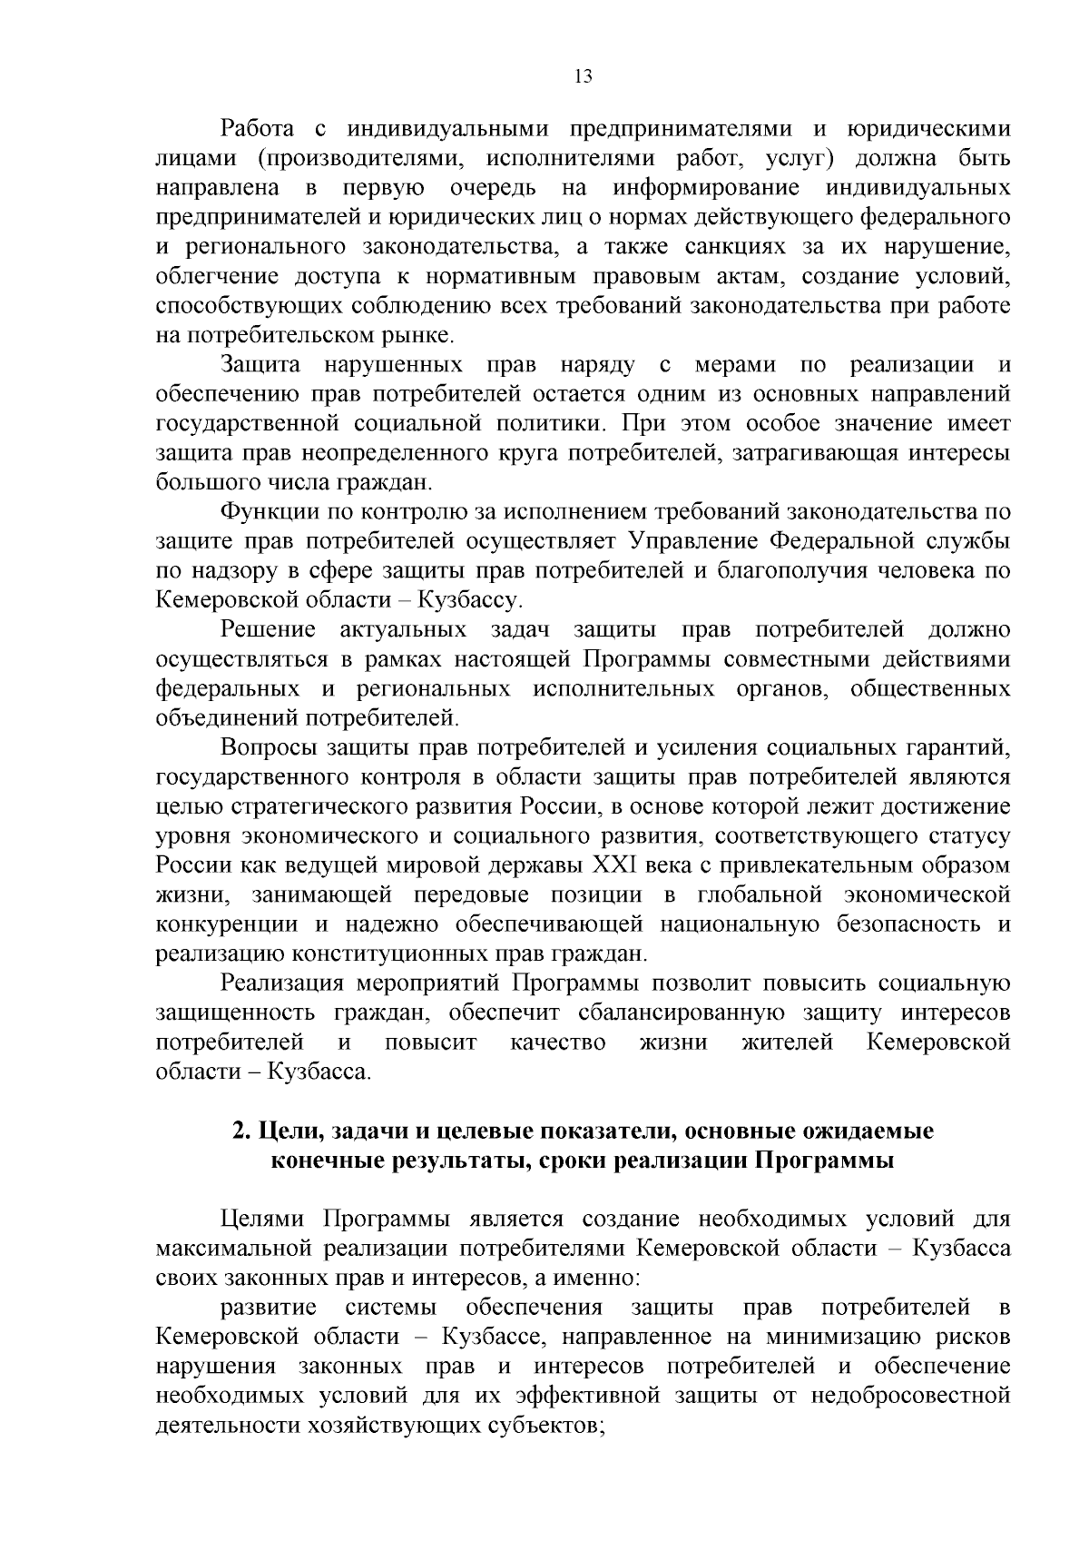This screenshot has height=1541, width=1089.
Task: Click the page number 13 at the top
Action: [584, 77]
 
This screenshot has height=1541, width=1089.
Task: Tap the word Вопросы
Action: [267, 748]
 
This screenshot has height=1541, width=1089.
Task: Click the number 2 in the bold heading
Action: [238, 1131]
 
